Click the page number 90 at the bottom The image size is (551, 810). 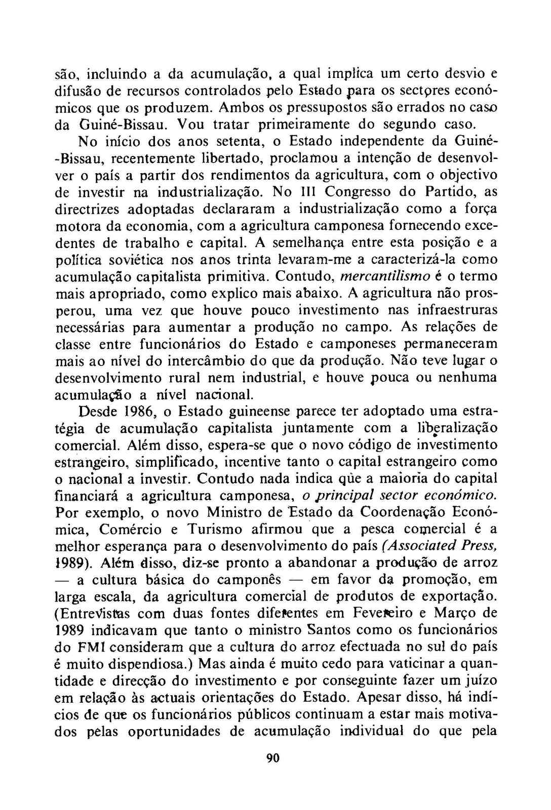click(x=273, y=758)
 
